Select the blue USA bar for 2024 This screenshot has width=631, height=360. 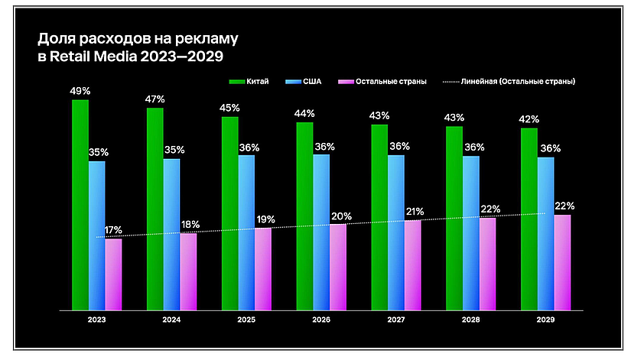(171, 234)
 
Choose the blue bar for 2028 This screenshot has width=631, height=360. (470, 233)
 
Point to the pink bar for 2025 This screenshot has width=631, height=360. (263, 268)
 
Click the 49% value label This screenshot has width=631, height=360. (80, 91)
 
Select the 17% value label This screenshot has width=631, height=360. (114, 230)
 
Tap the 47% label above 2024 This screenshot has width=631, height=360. (154, 99)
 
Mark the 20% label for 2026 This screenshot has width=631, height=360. (338, 216)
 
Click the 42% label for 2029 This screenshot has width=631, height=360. (529, 119)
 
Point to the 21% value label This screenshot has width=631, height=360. (413, 212)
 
